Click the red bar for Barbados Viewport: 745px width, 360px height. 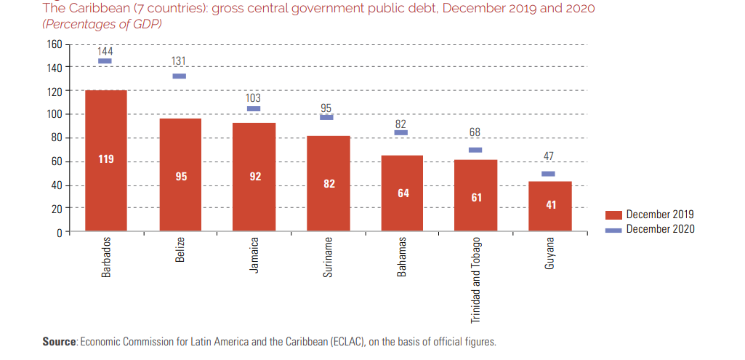(x=106, y=160)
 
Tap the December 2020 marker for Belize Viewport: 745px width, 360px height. (x=180, y=76)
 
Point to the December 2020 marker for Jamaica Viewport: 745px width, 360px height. (x=254, y=108)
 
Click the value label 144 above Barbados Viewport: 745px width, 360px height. (x=105, y=51)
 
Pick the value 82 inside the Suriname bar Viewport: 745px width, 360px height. (x=329, y=183)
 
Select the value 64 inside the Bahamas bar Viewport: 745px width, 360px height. (x=403, y=193)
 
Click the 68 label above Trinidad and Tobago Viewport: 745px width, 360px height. (x=476, y=133)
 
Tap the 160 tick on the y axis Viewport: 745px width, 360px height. (x=55, y=44)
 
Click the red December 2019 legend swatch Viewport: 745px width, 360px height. (x=613, y=215)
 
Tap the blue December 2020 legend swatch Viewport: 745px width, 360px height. (x=613, y=229)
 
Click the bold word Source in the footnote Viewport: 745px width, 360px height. (x=59, y=342)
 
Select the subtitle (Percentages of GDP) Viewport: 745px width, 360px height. (x=102, y=24)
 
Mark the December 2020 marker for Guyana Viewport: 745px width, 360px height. (x=548, y=174)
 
